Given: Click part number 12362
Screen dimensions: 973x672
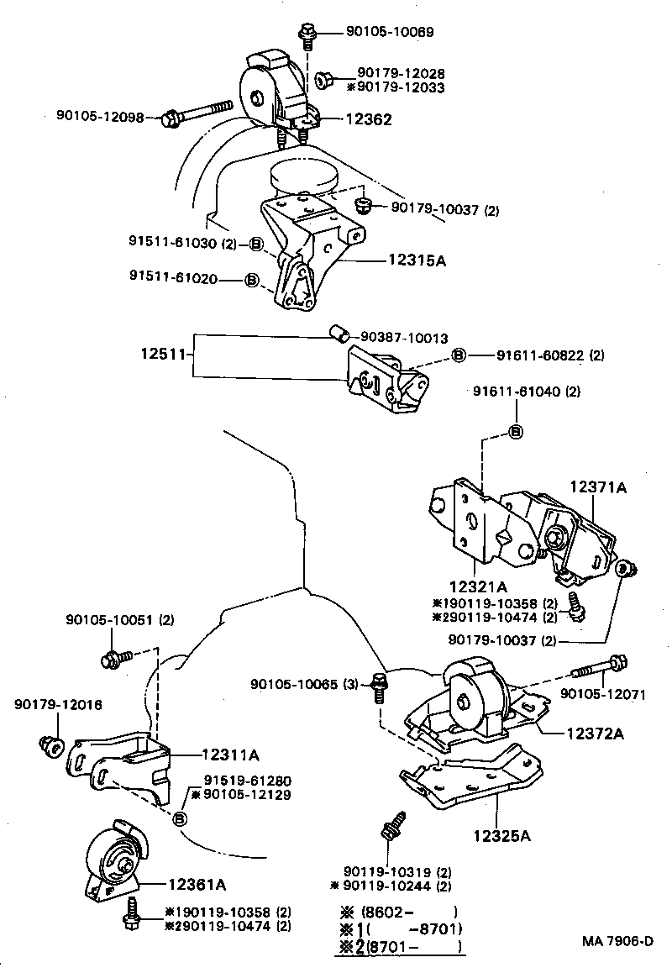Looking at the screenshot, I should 368,120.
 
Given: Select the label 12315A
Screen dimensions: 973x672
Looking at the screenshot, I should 417,261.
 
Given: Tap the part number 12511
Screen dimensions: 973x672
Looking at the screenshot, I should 162,355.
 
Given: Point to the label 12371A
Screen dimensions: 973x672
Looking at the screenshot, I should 600,486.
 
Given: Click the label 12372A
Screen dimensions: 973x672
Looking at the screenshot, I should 594,734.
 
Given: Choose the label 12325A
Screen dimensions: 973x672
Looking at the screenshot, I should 501,835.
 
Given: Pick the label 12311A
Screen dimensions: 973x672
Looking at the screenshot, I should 230,755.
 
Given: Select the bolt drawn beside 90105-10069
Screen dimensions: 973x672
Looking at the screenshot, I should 306,36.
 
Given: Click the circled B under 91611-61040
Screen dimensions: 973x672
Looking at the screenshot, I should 517,432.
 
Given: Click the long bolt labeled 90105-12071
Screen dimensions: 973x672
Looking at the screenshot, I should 598,669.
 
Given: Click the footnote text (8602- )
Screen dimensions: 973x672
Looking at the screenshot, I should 408,912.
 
